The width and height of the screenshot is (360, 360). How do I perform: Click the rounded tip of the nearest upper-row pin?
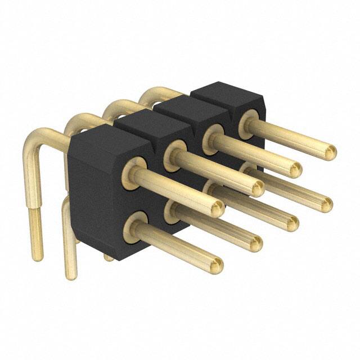(218, 209)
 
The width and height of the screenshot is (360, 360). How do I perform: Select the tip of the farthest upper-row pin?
(330, 151)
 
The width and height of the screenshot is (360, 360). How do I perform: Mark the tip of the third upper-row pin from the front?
(295, 168)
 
